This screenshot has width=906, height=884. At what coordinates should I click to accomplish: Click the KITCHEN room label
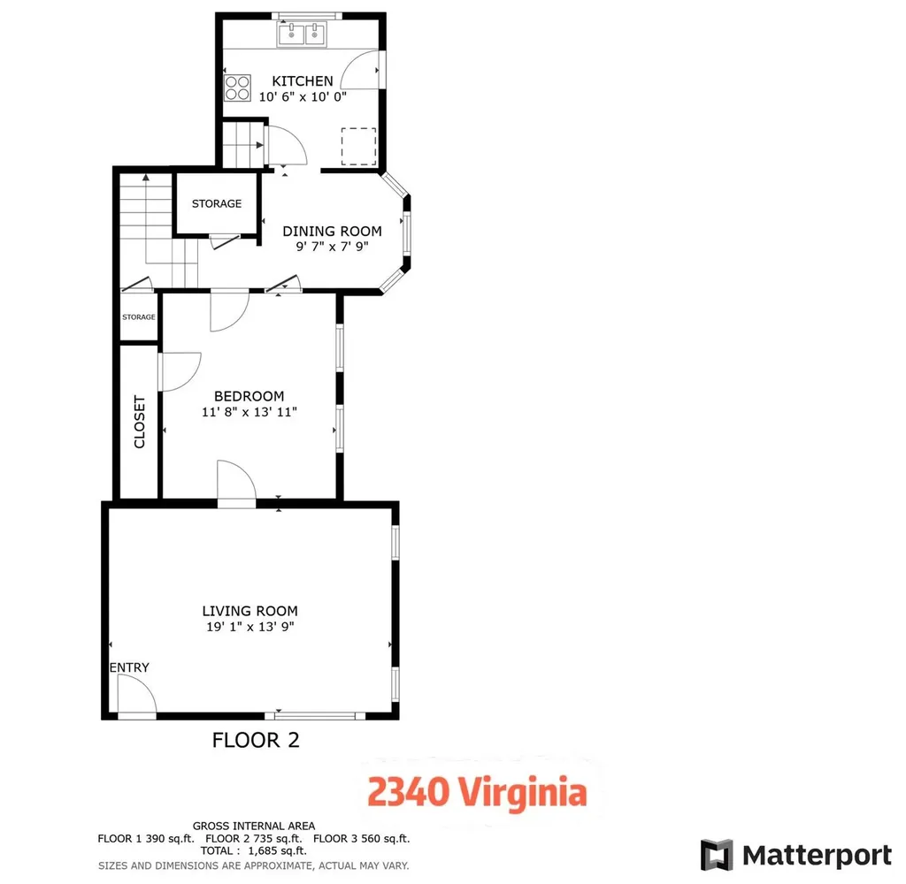[303, 80]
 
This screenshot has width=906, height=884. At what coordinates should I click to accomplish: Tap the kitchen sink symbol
[303, 34]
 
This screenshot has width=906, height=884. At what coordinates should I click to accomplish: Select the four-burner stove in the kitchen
[237, 88]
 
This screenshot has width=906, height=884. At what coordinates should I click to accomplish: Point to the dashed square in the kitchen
[359, 147]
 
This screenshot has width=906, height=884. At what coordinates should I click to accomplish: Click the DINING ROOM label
[333, 231]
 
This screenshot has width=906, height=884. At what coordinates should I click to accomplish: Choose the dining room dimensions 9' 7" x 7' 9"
[333, 247]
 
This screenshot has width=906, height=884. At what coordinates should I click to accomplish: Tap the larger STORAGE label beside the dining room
[217, 204]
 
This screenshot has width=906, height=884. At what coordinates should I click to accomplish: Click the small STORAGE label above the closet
[139, 317]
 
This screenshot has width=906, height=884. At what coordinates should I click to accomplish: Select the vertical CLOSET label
[139, 422]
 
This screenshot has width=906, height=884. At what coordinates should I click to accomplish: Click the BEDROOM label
[249, 396]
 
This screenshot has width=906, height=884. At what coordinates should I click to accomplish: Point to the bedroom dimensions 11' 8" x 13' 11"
[249, 412]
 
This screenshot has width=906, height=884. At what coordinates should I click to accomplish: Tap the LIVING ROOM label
[250, 611]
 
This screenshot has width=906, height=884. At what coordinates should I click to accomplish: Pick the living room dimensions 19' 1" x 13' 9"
[250, 627]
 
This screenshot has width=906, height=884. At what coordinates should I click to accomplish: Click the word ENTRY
[129, 667]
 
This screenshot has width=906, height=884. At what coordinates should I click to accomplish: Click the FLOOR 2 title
[256, 740]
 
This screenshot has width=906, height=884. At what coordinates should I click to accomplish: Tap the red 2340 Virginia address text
[477, 791]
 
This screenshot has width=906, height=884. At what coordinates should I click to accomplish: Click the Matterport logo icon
[717, 855]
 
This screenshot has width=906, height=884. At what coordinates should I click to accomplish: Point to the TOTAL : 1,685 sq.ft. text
[254, 851]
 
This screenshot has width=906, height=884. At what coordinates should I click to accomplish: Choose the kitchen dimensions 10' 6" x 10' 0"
[303, 97]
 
